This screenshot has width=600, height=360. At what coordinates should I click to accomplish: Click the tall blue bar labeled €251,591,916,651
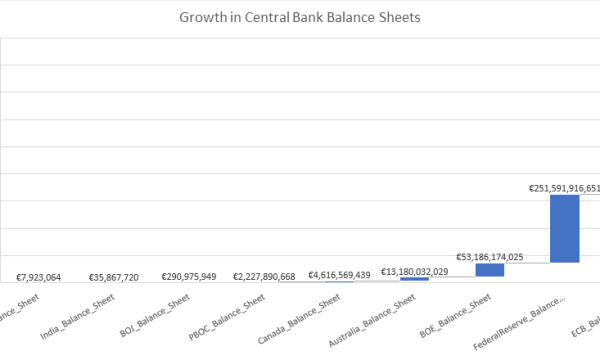(565, 228)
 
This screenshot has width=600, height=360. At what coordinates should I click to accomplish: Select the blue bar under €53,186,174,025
(490, 270)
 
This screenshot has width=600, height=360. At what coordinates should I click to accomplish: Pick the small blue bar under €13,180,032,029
(414, 279)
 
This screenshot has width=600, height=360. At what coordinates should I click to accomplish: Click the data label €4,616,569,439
(339, 273)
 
